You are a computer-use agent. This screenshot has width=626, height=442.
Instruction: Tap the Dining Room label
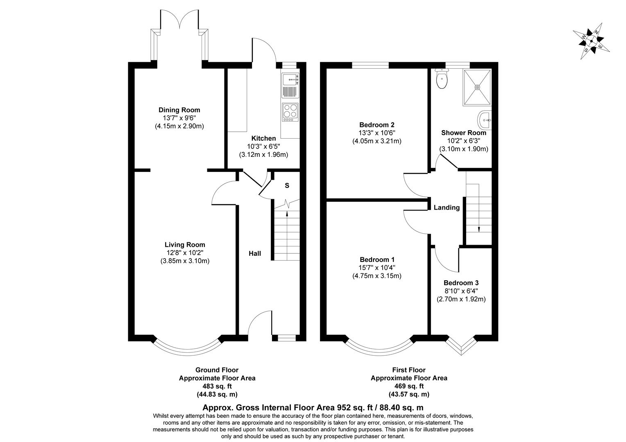(x=179, y=110)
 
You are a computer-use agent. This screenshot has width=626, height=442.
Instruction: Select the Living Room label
(x=185, y=245)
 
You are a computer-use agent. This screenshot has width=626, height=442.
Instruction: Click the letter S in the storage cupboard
(x=287, y=185)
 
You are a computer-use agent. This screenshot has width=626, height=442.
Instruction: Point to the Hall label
(x=255, y=254)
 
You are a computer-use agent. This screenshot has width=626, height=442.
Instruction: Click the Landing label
(x=447, y=207)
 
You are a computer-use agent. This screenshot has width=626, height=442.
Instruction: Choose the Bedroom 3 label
(x=461, y=283)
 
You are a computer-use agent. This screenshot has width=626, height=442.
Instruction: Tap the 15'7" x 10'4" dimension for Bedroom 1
(x=377, y=268)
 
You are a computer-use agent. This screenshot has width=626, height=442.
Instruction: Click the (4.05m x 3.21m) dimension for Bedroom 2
(x=377, y=141)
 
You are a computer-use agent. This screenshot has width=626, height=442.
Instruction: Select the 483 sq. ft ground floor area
(x=217, y=386)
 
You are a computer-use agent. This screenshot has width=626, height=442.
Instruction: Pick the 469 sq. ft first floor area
(x=409, y=386)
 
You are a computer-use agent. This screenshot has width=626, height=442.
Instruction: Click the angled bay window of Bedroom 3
(x=462, y=346)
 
